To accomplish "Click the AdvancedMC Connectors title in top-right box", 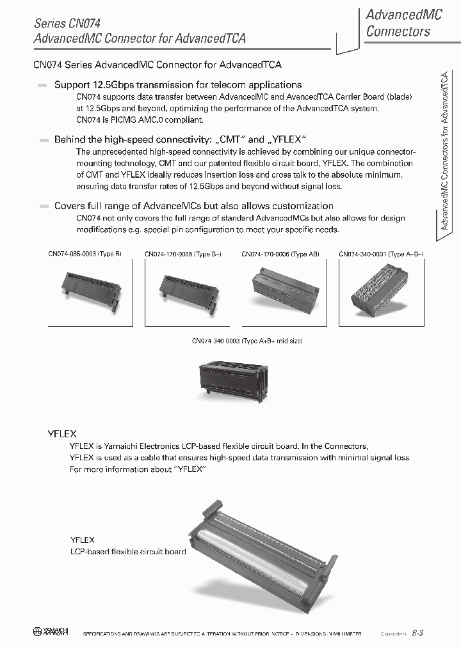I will (403, 23).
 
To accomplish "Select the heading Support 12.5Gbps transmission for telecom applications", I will (178, 84).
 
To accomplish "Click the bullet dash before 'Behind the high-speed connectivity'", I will (43, 139).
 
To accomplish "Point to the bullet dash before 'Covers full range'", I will (43, 207).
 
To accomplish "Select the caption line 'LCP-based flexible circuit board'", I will (128, 552).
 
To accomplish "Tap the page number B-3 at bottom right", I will (417, 633).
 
